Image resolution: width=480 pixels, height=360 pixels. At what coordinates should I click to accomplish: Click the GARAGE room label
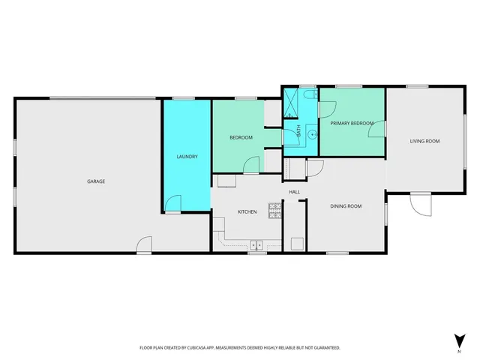(x=95, y=181)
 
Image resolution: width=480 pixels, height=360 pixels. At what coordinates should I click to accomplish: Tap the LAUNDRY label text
(x=187, y=157)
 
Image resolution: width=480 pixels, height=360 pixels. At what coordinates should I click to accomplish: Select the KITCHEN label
(x=247, y=212)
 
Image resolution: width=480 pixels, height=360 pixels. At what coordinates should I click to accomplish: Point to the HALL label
(x=295, y=192)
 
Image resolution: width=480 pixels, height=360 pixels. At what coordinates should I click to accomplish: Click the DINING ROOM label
(x=346, y=206)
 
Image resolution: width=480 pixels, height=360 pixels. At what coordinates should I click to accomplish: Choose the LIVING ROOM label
(x=424, y=141)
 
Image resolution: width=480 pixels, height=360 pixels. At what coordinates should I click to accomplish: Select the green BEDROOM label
(x=241, y=137)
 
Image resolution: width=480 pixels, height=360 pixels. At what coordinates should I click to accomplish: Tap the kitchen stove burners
(x=274, y=213)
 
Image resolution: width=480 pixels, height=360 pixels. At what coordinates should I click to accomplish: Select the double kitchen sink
(x=256, y=244)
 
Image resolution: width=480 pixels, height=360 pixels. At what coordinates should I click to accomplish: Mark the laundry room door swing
(x=172, y=202)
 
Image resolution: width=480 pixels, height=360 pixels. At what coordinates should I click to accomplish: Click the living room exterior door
(x=421, y=204)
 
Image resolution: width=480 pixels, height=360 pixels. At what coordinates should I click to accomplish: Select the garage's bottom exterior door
(x=144, y=244)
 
